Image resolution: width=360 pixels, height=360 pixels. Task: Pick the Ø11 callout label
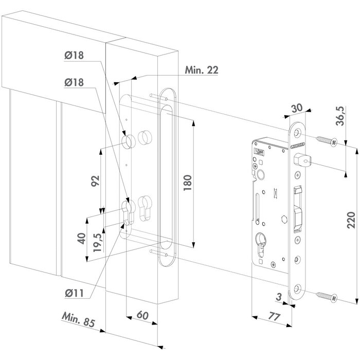pos(75,293)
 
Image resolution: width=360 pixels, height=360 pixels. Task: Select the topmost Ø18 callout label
pos(75,57)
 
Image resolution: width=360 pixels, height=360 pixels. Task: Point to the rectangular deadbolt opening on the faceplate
pos(298,210)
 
